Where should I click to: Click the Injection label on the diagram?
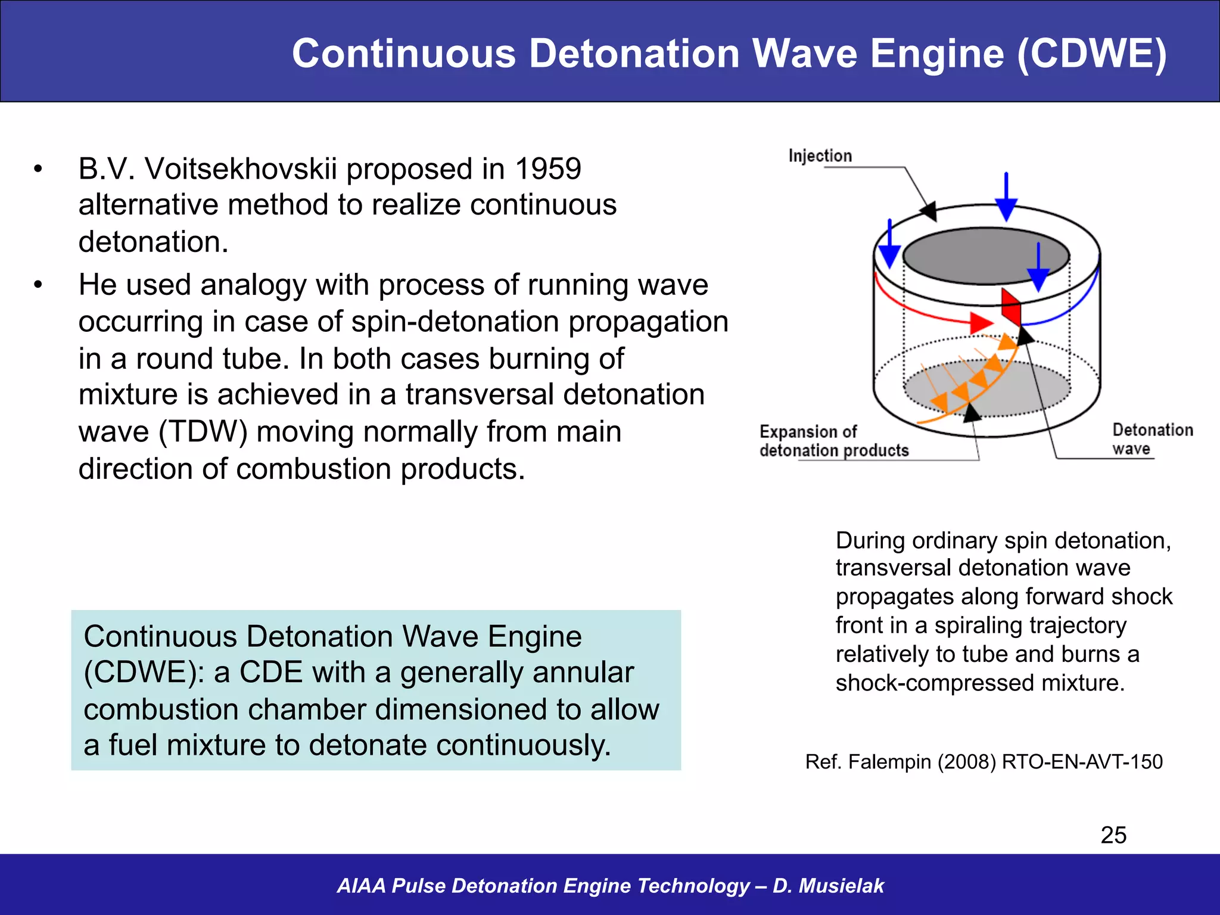820,155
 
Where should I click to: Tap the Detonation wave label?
1151,438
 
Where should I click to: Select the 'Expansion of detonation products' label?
833,441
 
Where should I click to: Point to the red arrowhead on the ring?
981,323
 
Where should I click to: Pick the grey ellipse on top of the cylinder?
986,256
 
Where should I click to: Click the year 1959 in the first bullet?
547,169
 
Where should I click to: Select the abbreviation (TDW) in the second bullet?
203,431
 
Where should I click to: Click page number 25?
1113,835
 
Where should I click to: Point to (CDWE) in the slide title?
1091,54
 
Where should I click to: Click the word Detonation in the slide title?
634,54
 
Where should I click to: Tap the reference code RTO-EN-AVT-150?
1082,762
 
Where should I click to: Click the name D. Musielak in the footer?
828,886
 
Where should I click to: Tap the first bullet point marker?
38,169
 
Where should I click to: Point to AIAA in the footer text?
361,886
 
